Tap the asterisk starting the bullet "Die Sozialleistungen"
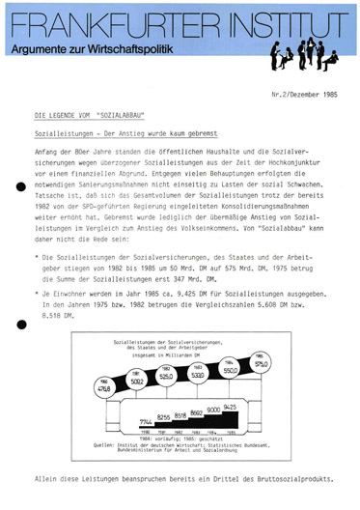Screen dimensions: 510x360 coord(35,257)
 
